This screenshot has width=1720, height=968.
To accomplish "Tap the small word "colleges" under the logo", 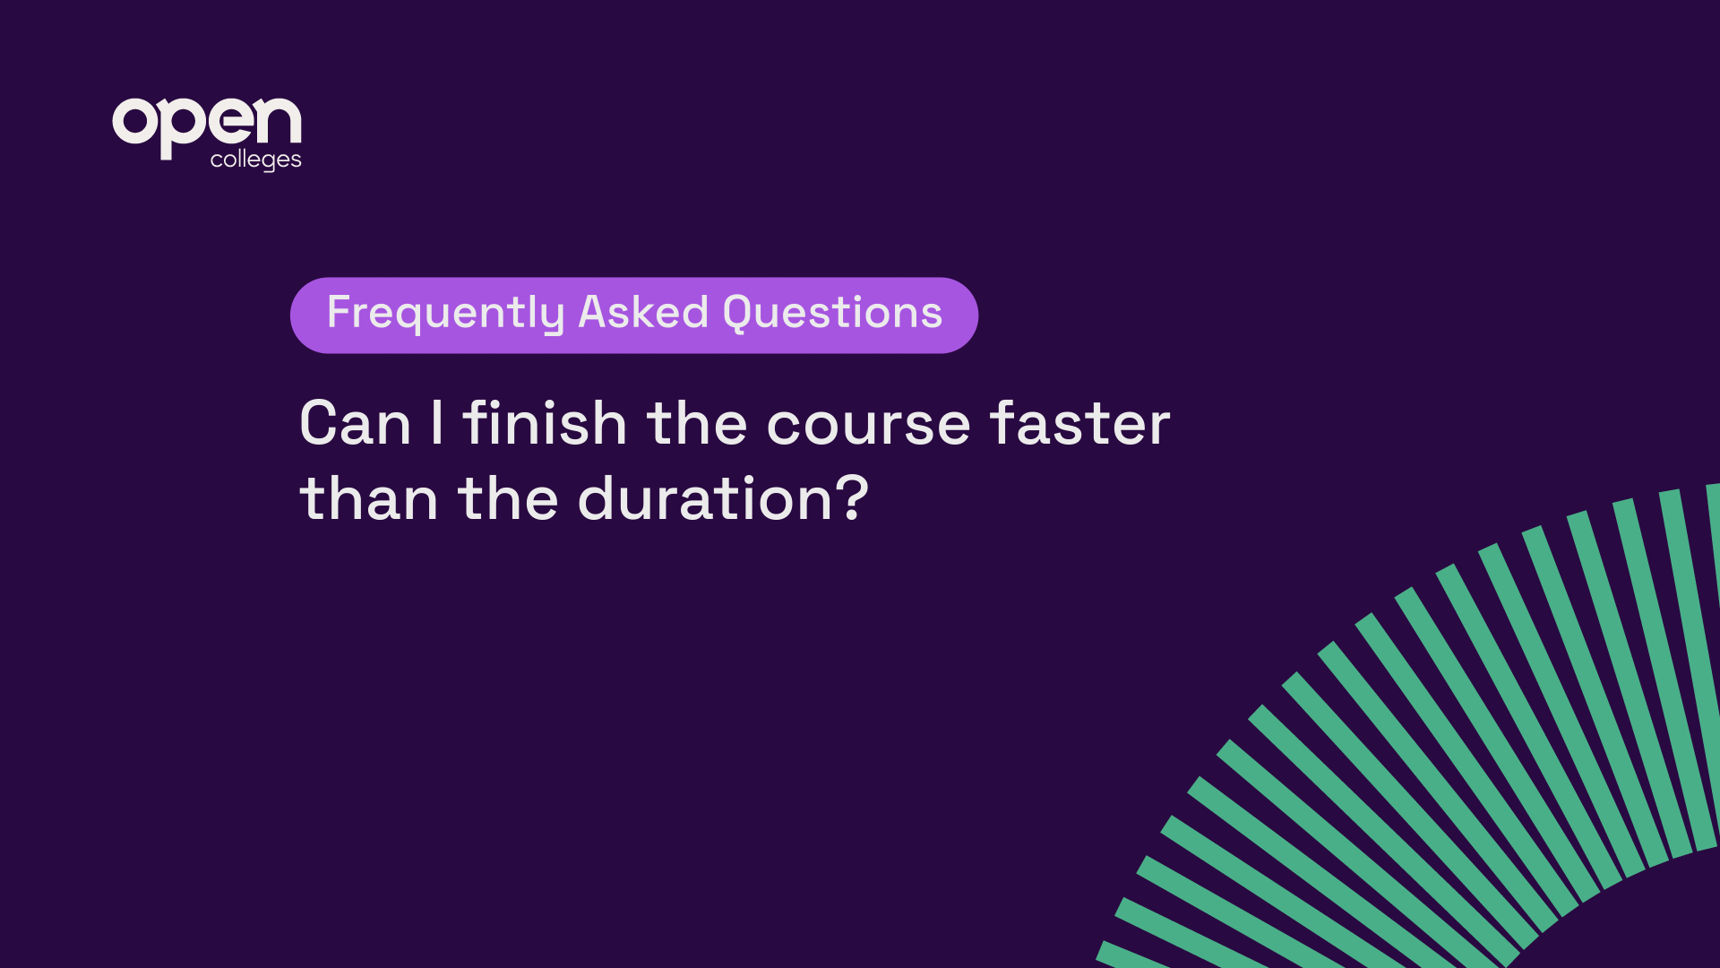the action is pyautogui.click(x=256, y=160).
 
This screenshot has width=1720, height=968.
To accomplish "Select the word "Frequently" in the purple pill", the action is pyautogui.click(x=445, y=314).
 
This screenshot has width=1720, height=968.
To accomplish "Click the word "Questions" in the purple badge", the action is pyautogui.click(x=832, y=313).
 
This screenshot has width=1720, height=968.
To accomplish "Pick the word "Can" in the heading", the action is pyautogui.click(x=356, y=423).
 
